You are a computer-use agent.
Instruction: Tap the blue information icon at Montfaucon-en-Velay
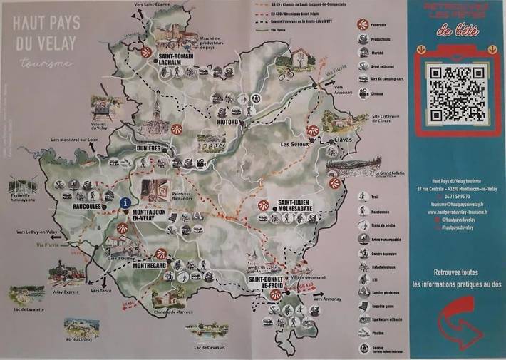tap(126, 202)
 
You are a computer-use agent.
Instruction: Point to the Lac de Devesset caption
tap(209, 347)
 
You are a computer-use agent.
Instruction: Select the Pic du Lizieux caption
tap(81, 340)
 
